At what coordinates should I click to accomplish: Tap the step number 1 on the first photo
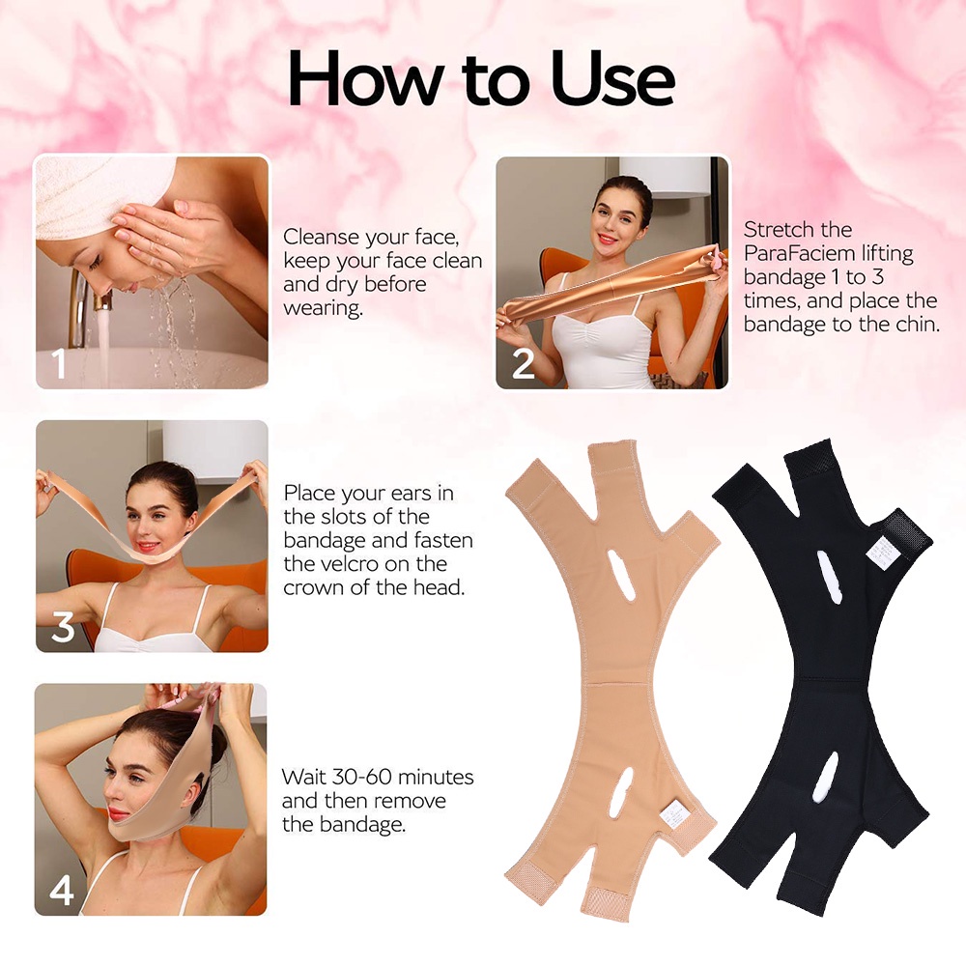point(59,363)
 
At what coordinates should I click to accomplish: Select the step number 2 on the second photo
point(523,363)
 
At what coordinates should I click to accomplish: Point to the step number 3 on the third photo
point(63,627)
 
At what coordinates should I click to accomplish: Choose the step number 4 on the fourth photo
point(62,891)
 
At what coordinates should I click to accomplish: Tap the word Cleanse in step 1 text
point(321,237)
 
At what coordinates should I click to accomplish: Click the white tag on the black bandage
point(882,552)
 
